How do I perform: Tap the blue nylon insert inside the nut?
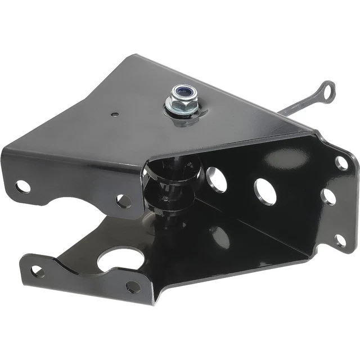pos(182,91)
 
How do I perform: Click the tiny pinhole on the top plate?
pos(115,114)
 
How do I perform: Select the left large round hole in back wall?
pos(216,179)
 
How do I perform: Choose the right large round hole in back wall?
pos(264,190)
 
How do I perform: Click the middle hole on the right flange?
pos(330,196)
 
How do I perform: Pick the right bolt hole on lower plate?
pos(133,287)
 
